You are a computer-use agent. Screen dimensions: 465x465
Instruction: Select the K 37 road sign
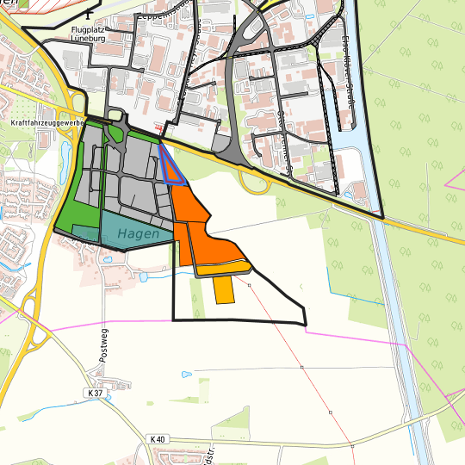(x=94, y=393)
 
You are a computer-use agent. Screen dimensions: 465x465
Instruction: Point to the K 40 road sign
(x=157, y=439)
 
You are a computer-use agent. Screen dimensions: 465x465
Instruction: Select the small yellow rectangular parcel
(x=224, y=290)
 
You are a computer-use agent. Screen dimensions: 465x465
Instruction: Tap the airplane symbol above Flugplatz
(x=90, y=13)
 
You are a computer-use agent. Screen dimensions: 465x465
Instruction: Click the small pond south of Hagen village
(x=143, y=276)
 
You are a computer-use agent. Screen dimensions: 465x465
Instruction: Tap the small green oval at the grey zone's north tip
(x=115, y=135)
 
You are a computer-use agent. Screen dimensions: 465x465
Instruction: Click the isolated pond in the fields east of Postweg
(x=186, y=375)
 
